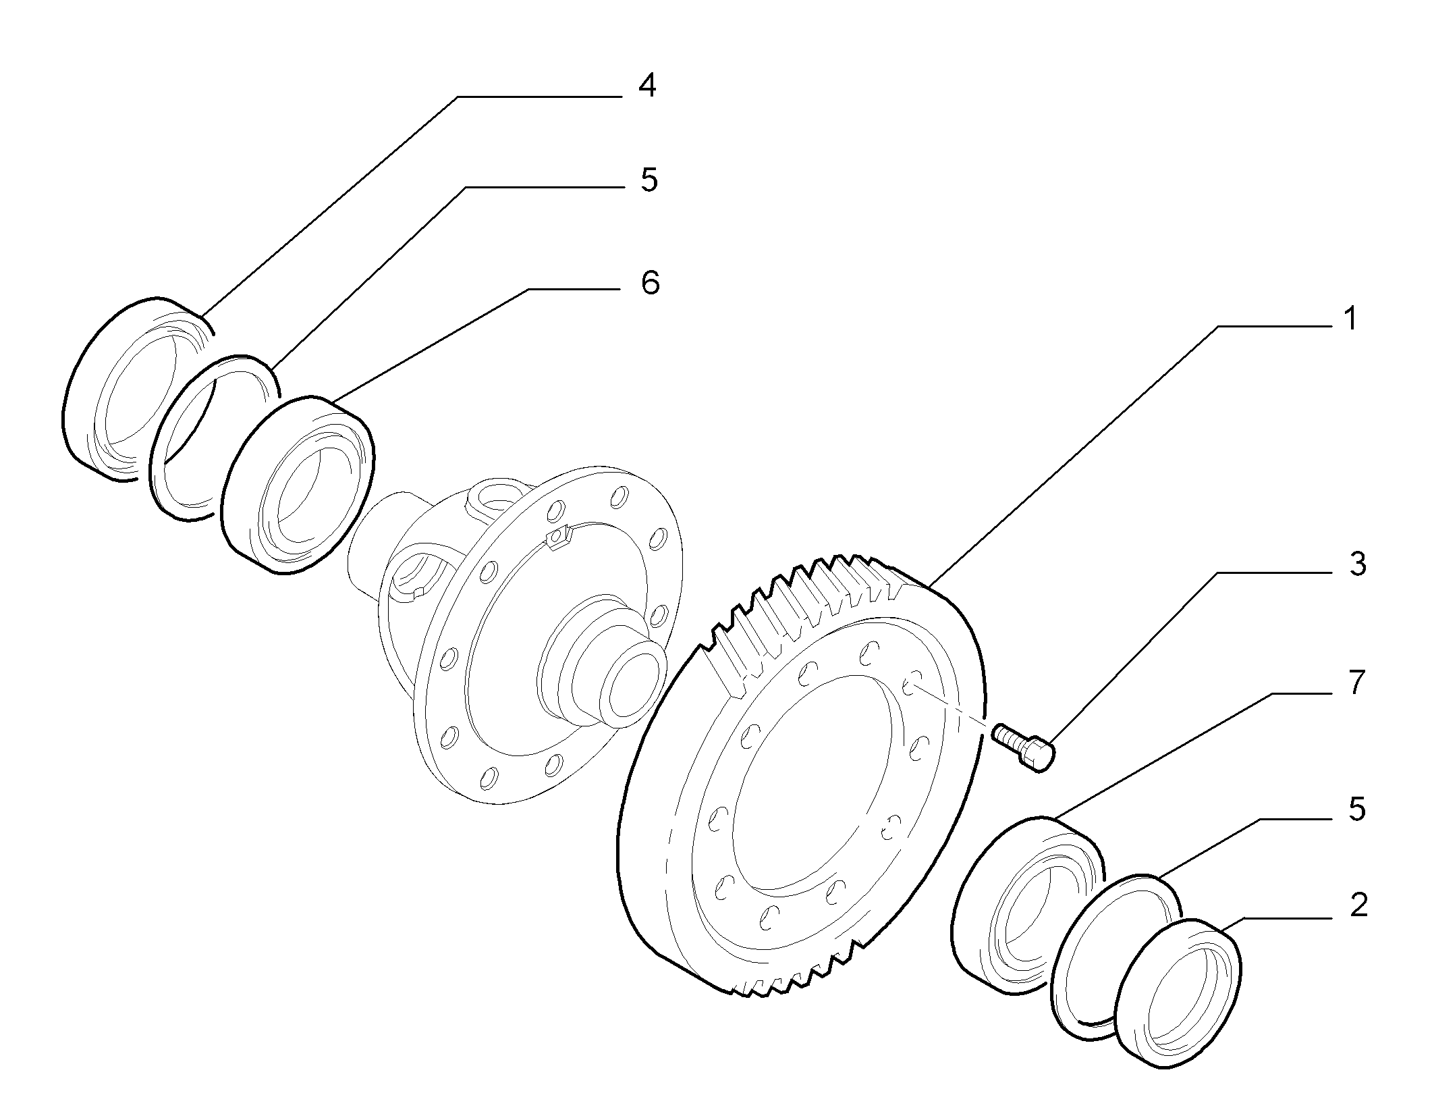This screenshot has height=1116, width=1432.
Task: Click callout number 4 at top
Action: (647, 87)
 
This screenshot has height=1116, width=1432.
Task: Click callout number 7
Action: (1350, 683)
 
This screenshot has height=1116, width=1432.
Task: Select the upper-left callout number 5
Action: (649, 181)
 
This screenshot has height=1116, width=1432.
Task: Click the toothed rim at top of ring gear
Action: (810, 594)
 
